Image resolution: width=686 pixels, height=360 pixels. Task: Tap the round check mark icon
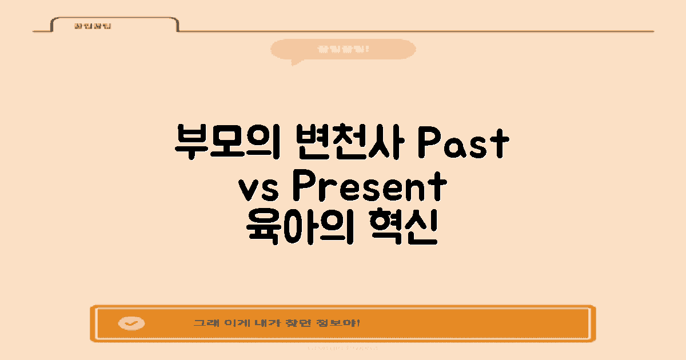click(131, 323)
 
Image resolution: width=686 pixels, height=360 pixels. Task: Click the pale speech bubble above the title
click(343, 49)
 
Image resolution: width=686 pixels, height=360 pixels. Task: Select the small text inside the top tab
click(85, 26)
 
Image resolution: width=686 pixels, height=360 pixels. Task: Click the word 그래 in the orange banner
click(204, 323)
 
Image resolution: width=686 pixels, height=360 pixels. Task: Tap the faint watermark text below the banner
click(343, 347)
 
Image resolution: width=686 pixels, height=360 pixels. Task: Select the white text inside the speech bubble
click(343, 49)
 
